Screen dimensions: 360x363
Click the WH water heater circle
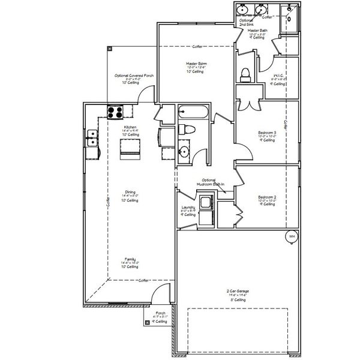click(x=292, y=236)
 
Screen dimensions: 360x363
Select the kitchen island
click(x=130, y=148)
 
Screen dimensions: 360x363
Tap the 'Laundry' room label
click(x=188, y=207)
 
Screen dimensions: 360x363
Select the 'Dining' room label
click(x=130, y=193)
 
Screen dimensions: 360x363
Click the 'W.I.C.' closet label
click(x=277, y=76)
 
